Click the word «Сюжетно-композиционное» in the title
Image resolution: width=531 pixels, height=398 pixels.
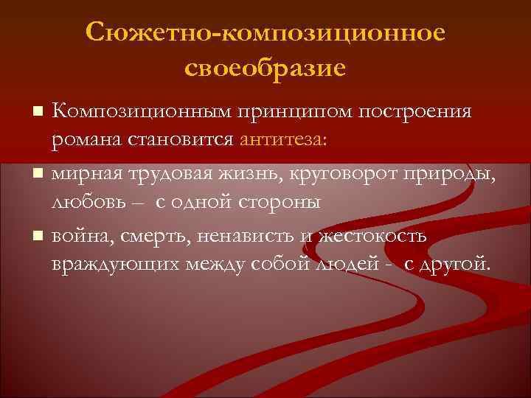(265, 32)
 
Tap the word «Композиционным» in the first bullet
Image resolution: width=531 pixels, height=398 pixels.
(139, 113)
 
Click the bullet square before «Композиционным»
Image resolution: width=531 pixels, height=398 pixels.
(38, 114)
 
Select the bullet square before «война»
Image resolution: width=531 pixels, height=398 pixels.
(38, 237)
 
